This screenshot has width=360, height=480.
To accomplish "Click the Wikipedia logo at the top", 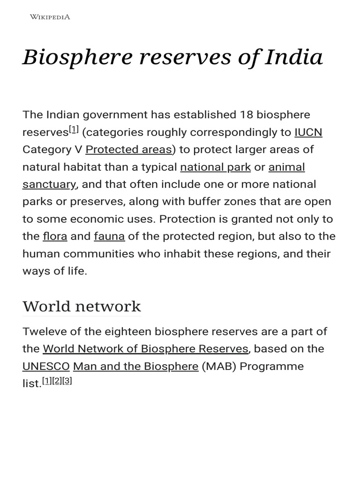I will pos(50,17).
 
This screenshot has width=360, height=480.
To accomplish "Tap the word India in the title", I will pos(294,58).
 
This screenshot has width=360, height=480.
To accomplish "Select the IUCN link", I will pos(308,133).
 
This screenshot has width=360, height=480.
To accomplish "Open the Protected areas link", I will pos(128,150).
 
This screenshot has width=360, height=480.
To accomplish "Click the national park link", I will pos(215,167).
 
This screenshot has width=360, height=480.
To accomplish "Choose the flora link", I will pos(55,237).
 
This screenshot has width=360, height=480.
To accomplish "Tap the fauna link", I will pos(109,237).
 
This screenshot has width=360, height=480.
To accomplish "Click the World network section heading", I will pos(82,307).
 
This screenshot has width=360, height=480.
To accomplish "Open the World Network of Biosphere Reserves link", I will pos(145,349).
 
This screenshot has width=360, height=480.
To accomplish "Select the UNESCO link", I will pos(46,367).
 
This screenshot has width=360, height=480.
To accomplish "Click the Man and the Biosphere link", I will pos(135,367).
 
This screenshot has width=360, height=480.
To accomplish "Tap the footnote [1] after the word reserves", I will pos(74,130).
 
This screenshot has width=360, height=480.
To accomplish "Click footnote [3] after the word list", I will pos(67,381).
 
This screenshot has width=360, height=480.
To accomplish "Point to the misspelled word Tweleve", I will pos(43,332).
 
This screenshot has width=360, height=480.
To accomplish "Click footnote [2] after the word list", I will pos(57,381).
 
